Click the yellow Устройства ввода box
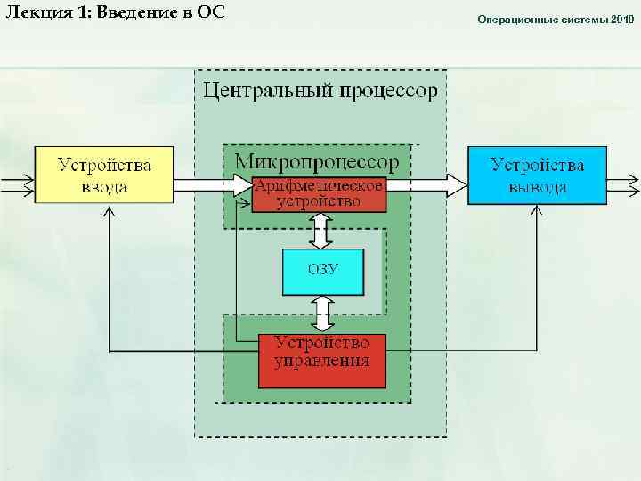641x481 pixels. tap(104, 175)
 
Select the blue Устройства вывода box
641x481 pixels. tap(538, 175)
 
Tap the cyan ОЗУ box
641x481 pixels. tap(323, 272)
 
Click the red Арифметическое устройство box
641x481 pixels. tap(320, 193)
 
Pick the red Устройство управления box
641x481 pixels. tap(321, 361)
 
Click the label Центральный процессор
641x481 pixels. tap(320, 90)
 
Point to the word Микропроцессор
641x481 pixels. tap(317, 161)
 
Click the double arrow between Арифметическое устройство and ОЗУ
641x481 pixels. tap(320, 231)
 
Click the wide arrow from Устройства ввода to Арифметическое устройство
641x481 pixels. tap(214, 185)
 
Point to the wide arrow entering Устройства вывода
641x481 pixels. tap(427, 185)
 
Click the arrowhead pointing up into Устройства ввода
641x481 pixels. tap(109, 213)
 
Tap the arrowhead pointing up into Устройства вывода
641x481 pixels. tap(538, 213)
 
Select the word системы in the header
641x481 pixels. tap(585, 19)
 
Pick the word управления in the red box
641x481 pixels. tap(322, 362)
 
